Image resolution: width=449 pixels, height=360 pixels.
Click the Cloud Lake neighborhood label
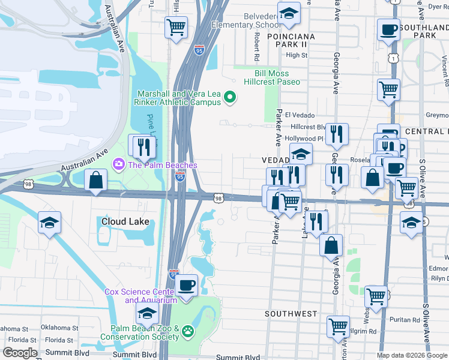124,221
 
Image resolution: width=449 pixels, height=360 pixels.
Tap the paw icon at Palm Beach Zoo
188,331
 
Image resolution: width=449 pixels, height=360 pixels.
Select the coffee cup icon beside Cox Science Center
186,284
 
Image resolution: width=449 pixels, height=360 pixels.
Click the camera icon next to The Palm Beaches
118,164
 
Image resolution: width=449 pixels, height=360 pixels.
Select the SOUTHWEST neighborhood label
291,314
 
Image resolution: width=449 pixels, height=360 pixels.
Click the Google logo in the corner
19,353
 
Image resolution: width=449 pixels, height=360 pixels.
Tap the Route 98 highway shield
218,198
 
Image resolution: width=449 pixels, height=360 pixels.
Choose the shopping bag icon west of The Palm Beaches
95,179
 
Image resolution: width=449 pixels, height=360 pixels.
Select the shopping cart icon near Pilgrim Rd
338,326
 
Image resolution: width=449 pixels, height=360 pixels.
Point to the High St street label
297,55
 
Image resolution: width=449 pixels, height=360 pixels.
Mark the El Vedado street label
300,115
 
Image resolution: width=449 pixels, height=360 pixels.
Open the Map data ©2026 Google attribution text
412,355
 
